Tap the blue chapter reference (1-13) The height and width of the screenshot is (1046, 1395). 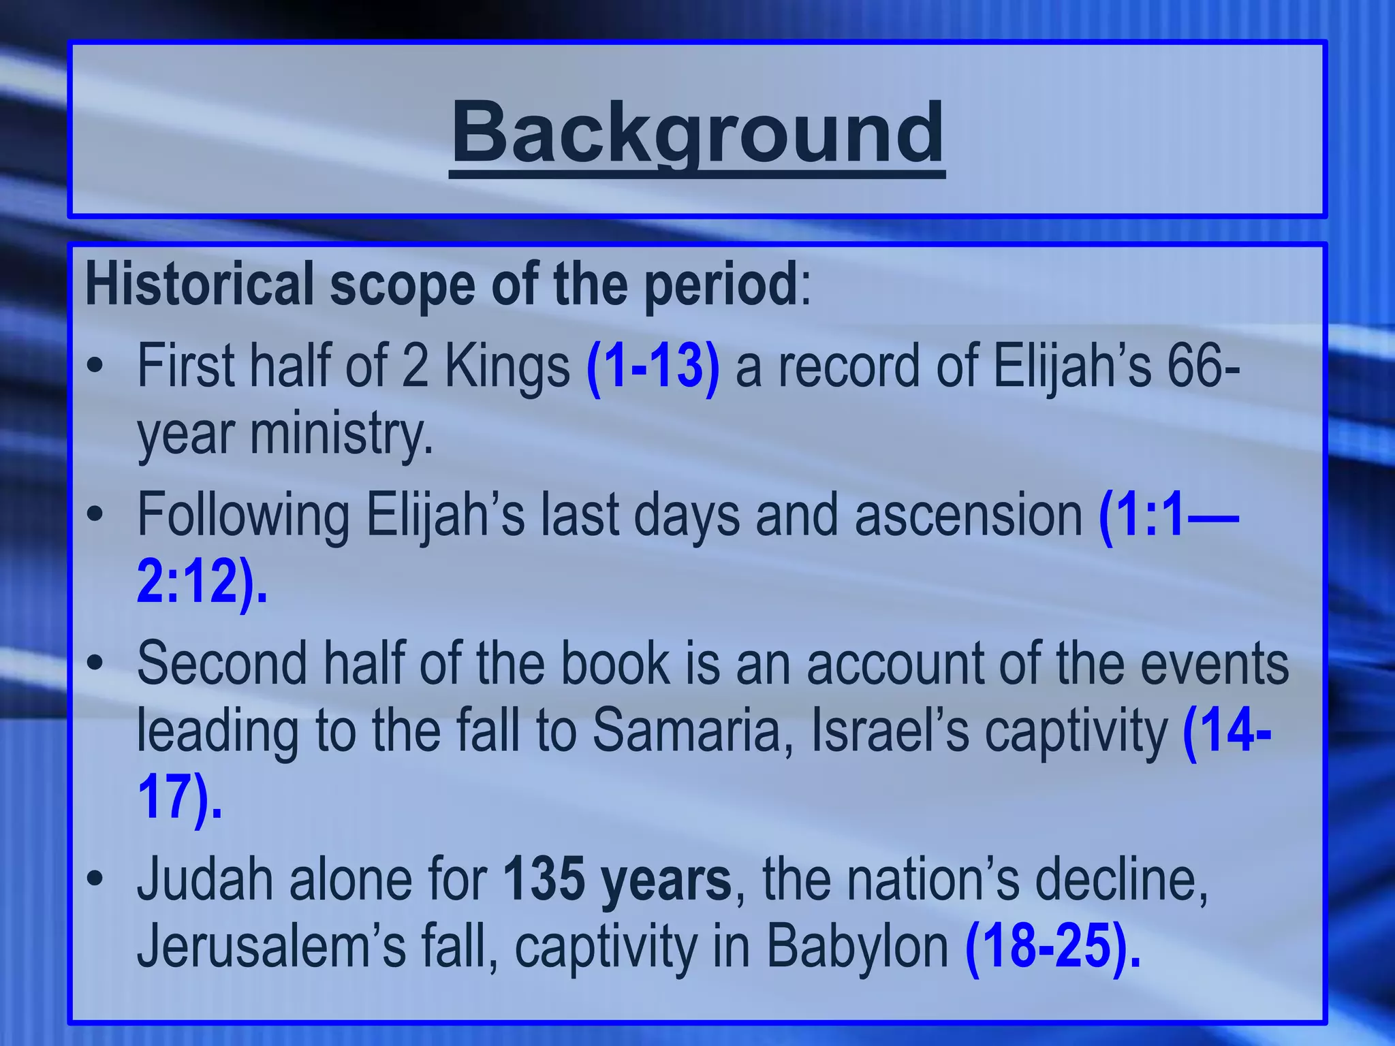tap(653, 368)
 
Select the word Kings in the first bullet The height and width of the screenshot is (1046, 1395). tap(507, 368)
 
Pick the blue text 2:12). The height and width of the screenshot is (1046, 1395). tap(202, 582)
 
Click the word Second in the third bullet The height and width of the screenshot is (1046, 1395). tap(222, 663)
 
